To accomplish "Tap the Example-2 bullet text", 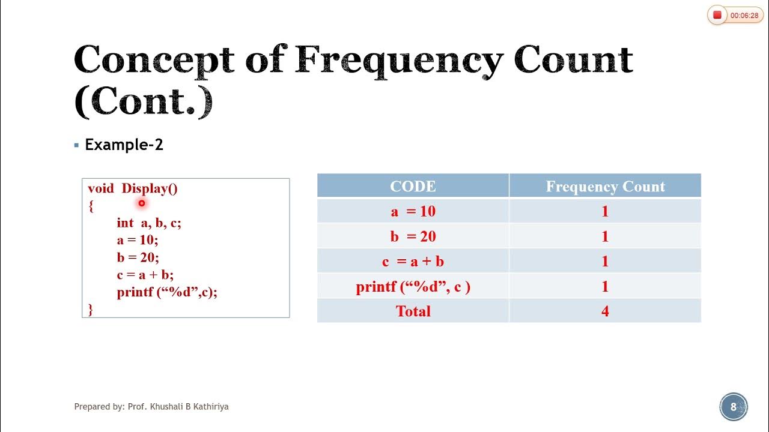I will coord(124,145).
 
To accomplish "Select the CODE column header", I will coord(413,186).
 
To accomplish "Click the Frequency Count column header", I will coord(605,186).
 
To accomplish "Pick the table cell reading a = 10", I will coord(413,211).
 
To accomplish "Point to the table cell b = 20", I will coord(413,236).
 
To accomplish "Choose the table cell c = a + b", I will coord(413,262).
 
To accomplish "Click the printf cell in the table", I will coord(413,287).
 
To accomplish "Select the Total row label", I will coord(413,311).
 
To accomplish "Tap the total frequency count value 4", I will coord(605,311).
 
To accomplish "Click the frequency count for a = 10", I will coord(605,211).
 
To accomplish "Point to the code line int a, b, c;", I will coord(149,223).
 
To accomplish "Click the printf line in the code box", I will coord(167,292).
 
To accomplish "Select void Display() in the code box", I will coord(133,188).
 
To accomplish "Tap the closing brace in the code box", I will coord(91,310).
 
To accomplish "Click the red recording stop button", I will coord(717,15).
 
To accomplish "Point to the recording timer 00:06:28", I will coord(744,16).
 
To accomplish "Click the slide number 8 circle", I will coord(733,407).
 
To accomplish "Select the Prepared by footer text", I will coord(151,406).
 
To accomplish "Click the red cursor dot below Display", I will coord(142,203).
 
